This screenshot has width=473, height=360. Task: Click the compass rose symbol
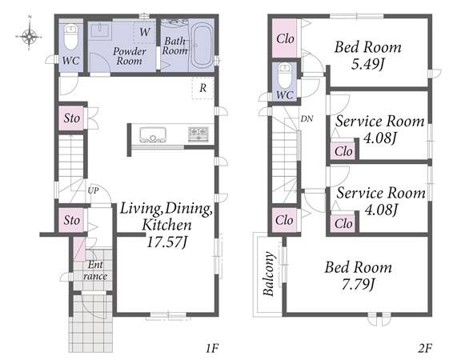point(29,37)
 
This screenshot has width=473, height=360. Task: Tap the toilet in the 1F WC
point(71,37)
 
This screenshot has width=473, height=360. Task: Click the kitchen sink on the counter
point(153,134)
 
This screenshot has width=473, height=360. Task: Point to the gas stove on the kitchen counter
point(198,134)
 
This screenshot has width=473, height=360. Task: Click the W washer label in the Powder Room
point(145,32)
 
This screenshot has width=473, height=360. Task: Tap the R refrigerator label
point(203,88)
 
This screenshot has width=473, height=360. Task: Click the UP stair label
point(93,190)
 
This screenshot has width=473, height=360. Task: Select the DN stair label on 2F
point(307,118)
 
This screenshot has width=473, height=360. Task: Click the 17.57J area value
point(167,242)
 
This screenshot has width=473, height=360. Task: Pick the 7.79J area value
point(358,284)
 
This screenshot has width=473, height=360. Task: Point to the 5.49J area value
point(367,64)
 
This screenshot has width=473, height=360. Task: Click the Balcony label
point(269,274)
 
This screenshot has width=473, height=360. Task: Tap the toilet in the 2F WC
point(284,75)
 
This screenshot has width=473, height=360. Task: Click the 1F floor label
point(211,349)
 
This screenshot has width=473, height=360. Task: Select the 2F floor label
point(425,349)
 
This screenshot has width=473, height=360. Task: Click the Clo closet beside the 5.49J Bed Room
point(285,38)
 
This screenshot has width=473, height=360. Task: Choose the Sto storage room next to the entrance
point(71,220)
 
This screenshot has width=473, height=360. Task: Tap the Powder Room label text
point(130,56)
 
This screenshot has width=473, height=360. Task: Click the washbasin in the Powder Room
point(99,30)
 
